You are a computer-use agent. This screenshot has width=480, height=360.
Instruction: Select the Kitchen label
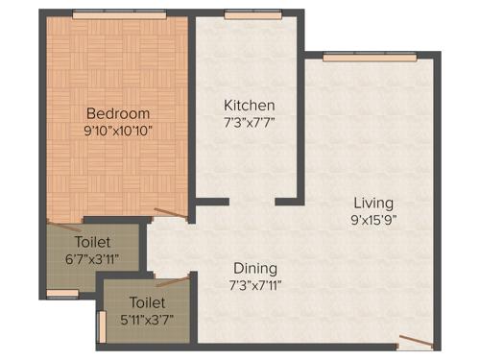pyautogui.click(x=250, y=105)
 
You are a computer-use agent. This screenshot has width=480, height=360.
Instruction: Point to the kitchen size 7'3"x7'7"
pyautogui.click(x=250, y=122)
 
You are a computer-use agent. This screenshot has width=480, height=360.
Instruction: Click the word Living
pyautogui.click(x=372, y=203)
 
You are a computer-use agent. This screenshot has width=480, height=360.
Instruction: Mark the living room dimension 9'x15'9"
pyautogui.click(x=372, y=220)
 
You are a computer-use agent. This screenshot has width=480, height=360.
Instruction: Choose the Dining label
pyautogui.click(x=254, y=268)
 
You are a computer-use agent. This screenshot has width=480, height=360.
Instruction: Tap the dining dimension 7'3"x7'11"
pyautogui.click(x=254, y=284)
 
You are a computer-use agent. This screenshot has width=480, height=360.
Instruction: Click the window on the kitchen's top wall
pyautogui.click(x=239, y=13)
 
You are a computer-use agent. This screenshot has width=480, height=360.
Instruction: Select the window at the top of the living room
pyautogui.click(x=362, y=58)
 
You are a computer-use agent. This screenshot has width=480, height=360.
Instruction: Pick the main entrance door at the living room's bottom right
pyautogui.click(x=415, y=340)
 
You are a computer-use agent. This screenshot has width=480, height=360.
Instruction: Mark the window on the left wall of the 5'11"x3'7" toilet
pyautogui.click(x=101, y=325)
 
